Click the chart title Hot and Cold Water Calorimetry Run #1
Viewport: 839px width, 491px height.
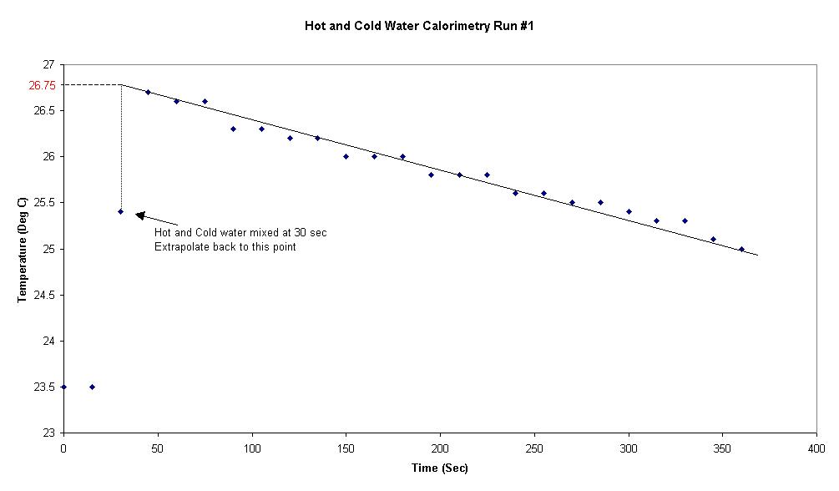pyautogui.click(x=419, y=26)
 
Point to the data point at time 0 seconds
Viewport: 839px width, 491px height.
pyautogui.click(x=63, y=387)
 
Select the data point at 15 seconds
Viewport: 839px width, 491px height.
pyautogui.click(x=92, y=387)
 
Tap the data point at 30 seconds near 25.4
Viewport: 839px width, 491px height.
pyautogui.click(x=120, y=211)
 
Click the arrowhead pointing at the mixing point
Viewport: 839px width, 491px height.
pyautogui.click(x=140, y=215)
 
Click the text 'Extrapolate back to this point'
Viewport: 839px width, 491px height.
pyautogui.click(x=225, y=247)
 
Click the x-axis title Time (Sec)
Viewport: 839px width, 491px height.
pyautogui.click(x=439, y=468)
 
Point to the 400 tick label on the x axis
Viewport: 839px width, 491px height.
pyautogui.click(x=816, y=448)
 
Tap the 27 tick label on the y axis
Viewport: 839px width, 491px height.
pyautogui.click(x=48, y=64)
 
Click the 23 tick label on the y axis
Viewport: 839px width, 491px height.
pyautogui.click(x=48, y=433)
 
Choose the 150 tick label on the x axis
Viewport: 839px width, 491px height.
pyautogui.click(x=346, y=448)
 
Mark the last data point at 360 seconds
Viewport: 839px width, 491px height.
pyautogui.click(x=741, y=249)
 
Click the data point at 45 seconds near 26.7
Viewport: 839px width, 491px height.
pyautogui.click(x=148, y=92)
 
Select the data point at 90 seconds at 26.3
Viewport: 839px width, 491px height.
pyautogui.click(x=233, y=129)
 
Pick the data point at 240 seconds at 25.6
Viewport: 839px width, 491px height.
pyautogui.click(x=515, y=193)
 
